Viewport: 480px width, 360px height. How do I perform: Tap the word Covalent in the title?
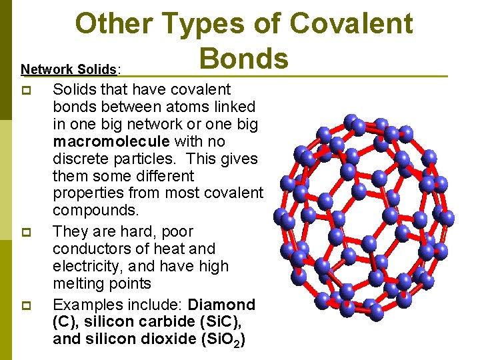tap(351, 24)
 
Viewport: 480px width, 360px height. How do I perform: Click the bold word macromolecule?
tap(106, 141)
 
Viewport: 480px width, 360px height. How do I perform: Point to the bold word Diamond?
tap(222, 305)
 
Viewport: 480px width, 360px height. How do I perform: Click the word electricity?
tap(85, 266)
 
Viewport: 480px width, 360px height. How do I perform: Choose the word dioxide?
tap(173, 339)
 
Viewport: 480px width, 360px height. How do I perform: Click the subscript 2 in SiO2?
tap(240, 343)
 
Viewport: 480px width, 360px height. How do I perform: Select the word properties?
tap(85, 193)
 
